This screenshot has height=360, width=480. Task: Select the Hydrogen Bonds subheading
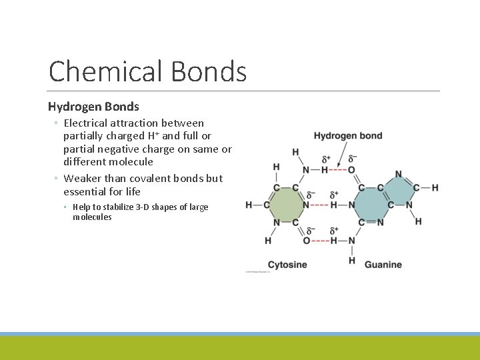(93, 106)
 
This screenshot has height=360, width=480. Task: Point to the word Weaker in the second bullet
(83, 179)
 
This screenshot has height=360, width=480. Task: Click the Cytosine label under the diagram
(287, 265)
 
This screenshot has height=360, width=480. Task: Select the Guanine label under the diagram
(383, 265)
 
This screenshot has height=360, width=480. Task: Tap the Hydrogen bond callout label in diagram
(348, 136)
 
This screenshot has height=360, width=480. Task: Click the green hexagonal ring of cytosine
(286, 205)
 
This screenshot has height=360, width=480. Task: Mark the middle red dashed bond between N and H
(320, 205)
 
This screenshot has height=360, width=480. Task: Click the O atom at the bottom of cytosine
(307, 240)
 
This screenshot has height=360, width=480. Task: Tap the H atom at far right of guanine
(435, 188)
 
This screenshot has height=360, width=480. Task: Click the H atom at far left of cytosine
(249, 205)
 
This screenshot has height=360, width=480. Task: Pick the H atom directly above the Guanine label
(351, 259)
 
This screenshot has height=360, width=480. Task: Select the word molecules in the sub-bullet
(92, 217)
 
